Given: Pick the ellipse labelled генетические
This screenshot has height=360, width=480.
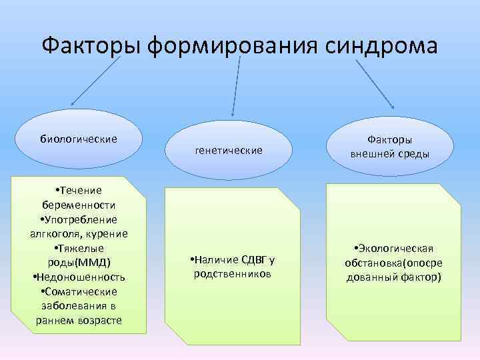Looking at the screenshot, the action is click(229, 151).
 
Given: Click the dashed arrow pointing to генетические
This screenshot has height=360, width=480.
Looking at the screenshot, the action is click(235, 87).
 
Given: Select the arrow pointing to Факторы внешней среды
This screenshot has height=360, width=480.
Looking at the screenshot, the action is click(375, 83).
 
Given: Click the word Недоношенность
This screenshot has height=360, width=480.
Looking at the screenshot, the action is click(81, 277).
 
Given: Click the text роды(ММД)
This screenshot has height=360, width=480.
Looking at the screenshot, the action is click(79, 261).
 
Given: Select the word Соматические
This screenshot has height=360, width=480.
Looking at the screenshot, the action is click(81, 291).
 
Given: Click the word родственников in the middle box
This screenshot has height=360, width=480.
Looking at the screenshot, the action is click(232, 273).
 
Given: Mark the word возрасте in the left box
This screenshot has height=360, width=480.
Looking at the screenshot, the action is click(99, 320).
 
